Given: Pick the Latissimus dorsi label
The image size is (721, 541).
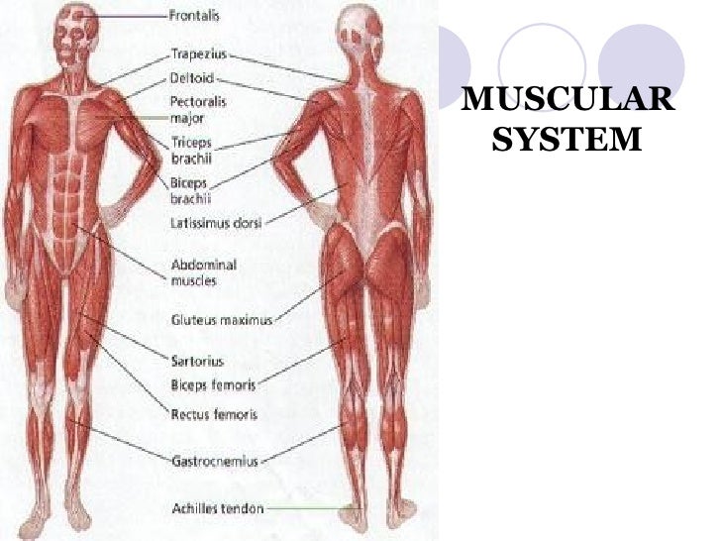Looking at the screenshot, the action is click(216, 224).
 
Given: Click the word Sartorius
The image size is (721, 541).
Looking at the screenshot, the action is click(198, 363).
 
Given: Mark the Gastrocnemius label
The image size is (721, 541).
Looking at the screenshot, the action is click(214, 461).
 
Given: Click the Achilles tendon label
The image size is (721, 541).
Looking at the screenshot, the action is click(218, 507).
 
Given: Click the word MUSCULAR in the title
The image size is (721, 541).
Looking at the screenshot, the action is click(567, 101).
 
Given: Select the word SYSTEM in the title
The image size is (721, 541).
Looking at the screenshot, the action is click(566, 141).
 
